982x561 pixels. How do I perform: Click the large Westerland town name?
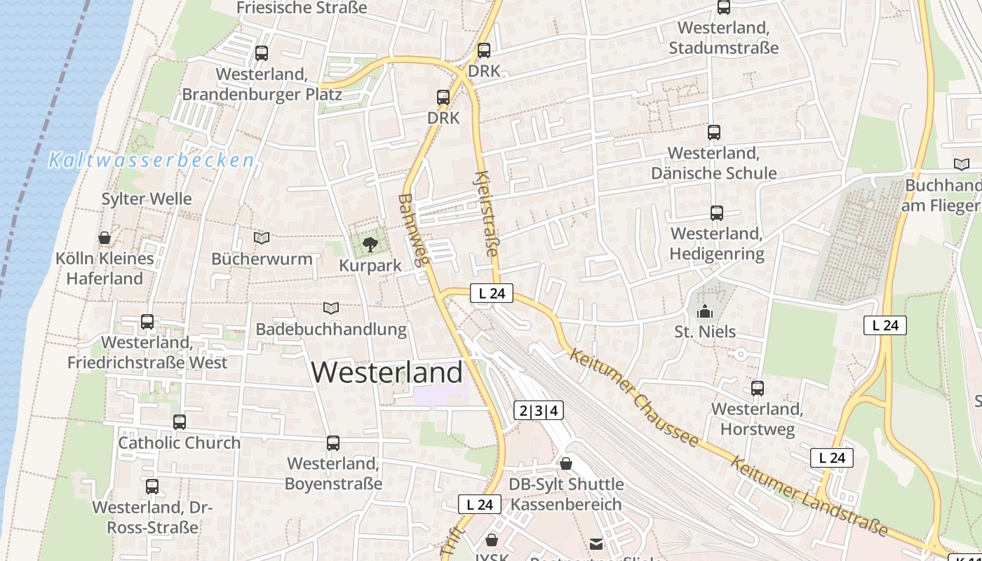pyautogui.click(x=387, y=372)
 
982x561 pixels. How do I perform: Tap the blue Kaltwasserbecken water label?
pyautogui.click(x=152, y=161)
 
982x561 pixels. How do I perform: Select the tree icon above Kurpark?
pyautogui.click(x=370, y=245)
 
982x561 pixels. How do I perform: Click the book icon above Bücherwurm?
pyautogui.click(x=262, y=238)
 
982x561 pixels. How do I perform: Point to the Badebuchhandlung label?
pyautogui.click(x=331, y=329)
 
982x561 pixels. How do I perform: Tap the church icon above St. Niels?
pyautogui.click(x=705, y=311)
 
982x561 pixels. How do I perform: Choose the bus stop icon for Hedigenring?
pyautogui.click(x=716, y=213)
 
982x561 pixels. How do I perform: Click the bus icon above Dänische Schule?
pyautogui.click(x=714, y=132)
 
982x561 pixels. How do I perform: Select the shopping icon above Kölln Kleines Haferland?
pyautogui.click(x=105, y=238)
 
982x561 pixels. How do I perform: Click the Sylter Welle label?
pyautogui.click(x=147, y=199)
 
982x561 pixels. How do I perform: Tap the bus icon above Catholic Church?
pyautogui.click(x=180, y=422)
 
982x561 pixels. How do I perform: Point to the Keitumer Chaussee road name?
pyautogui.click(x=635, y=397)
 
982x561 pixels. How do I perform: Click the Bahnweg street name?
pyautogui.click(x=412, y=230)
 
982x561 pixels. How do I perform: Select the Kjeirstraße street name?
pyautogui.click(x=487, y=213)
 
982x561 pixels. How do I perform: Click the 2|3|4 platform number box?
pyautogui.click(x=539, y=411)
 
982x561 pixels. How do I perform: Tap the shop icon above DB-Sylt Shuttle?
pyautogui.click(x=566, y=464)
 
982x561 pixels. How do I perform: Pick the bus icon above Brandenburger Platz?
pyautogui.click(x=262, y=53)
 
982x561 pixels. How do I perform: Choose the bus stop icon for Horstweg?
pyautogui.click(x=758, y=388)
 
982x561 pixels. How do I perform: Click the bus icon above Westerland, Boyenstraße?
pyautogui.click(x=333, y=443)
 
